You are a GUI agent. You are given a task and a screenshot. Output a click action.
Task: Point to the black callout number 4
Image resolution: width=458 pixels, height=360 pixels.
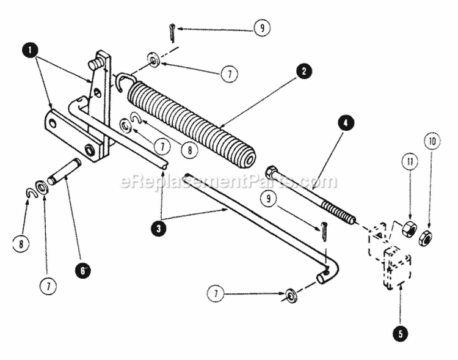tap(345, 122)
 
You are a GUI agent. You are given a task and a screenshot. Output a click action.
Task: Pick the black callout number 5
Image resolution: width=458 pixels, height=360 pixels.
tap(399, 334)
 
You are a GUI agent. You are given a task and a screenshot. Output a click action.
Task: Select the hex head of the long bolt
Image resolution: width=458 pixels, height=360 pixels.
tap(272, 172)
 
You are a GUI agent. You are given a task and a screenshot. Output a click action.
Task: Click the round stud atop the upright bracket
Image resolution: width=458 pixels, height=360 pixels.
tap(95, 63)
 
